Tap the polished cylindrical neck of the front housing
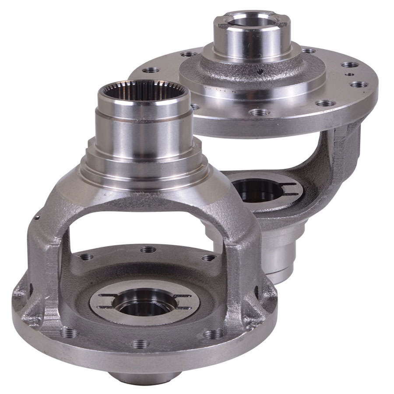click(131, 136)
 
